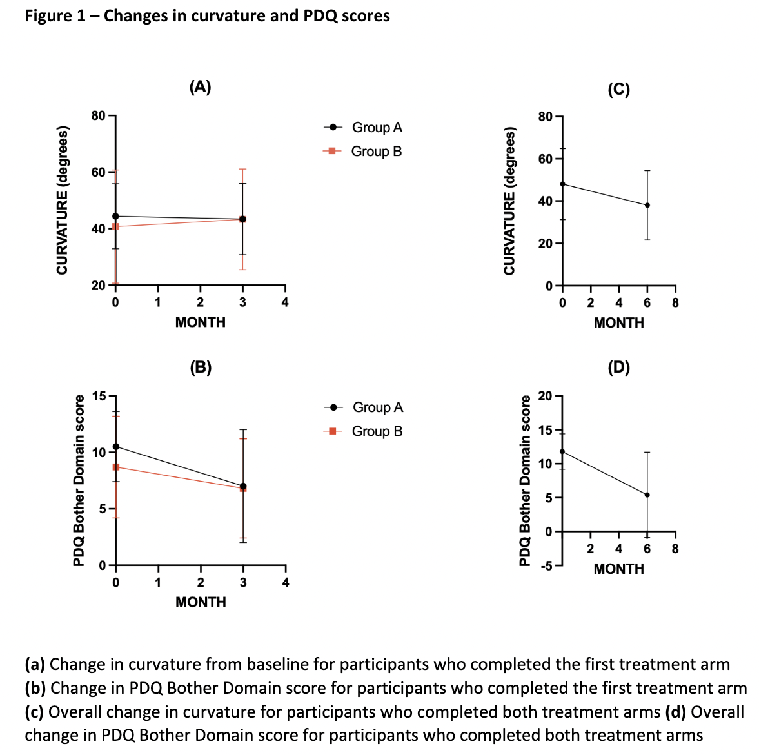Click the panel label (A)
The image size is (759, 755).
200,87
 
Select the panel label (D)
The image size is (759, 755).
618,368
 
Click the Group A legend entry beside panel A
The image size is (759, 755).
363,128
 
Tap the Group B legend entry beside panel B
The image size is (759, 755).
363,431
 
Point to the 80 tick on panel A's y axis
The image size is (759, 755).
99,116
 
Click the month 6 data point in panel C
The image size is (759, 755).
647,205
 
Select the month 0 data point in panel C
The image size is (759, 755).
562,184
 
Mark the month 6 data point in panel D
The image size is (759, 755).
647,495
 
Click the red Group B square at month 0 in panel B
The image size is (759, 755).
115,467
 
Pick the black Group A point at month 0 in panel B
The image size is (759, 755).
115,446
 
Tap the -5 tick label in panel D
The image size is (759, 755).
546,566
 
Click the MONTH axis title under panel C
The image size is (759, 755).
618,322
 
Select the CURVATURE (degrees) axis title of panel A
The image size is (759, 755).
63,200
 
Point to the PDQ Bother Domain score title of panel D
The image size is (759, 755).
525,481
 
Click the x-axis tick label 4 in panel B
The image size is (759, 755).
286,583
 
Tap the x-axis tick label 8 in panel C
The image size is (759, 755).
675,302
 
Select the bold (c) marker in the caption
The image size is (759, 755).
34,712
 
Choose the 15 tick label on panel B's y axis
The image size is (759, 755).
99,396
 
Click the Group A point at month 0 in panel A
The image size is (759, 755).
115,216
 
